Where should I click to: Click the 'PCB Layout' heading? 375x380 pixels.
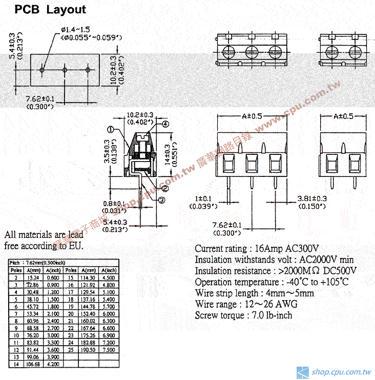pos(50,10)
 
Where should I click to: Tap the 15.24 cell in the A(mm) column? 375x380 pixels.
pos(33,277)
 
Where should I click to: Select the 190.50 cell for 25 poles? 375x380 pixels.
pos(87,350)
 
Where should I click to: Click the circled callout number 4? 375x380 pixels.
pos(165,124)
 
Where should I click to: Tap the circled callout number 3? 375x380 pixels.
pos(161,201)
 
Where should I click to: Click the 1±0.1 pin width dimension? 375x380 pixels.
pos(203,198)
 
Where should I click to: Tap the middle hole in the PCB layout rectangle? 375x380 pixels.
pos(65,69)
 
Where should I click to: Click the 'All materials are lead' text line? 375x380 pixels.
pos(43,235)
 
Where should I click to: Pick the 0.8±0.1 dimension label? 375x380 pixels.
pos(115,203)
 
